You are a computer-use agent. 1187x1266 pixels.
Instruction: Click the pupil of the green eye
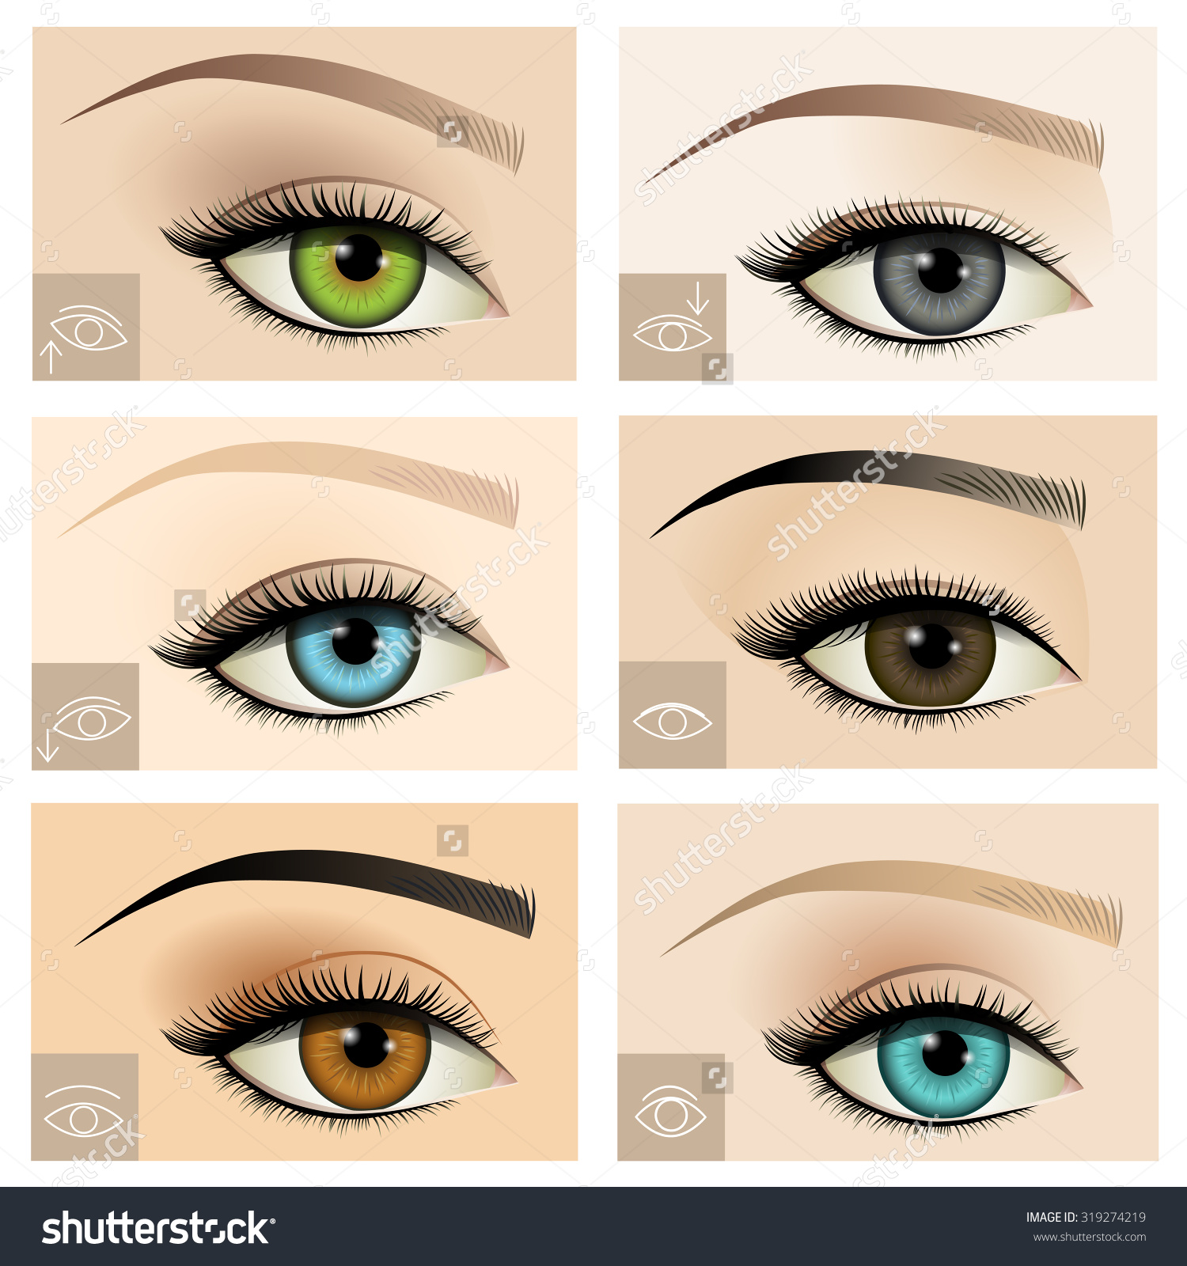pyautogui.click(x=358, y=258)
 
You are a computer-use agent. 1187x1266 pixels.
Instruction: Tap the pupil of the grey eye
pyautogui.click(x=940, y=271)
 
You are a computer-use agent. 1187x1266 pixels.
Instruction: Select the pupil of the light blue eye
pyautogui.click(x=355, y=642)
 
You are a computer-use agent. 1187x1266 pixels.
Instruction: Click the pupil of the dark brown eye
pyautogui.click(x=931, y=646)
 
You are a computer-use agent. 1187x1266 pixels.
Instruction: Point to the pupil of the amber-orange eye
pyautogui.click(x=366, y=1044)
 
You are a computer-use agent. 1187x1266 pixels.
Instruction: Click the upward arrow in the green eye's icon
pyautogui.click(x=51, y=356)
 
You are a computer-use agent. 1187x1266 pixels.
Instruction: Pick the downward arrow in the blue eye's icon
pyautogui.click(x=48, y=745)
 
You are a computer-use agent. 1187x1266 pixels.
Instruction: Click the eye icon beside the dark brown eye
pyautogui.click(x=673, y=722)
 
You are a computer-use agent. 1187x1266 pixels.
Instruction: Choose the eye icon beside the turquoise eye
pyautogui.click(x=670, y=1112)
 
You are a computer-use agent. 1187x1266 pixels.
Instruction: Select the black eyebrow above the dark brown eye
pyautogui.click(x=870, y=467)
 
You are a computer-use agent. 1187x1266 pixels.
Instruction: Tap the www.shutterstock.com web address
pyautogui.click(x=1089, y=1237)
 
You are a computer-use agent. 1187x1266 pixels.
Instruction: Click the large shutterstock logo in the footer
pyautogui.click(x=157, y=1228)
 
